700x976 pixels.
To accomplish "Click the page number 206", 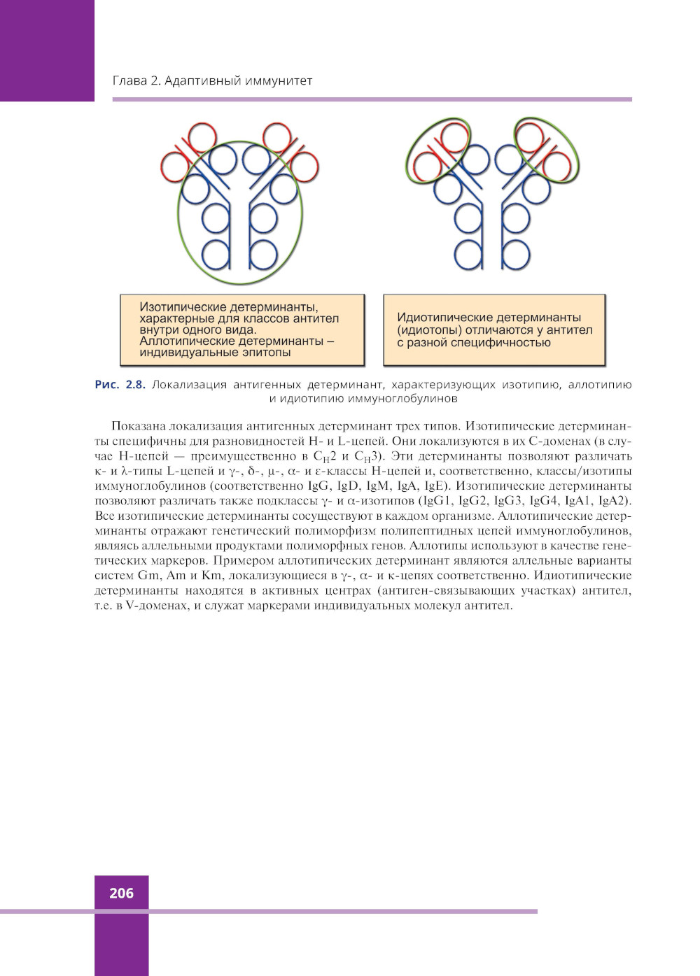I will click(x=121, y=893).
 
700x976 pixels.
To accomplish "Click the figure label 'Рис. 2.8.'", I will click(x=120, y=384).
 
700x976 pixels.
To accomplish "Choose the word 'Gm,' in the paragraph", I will click(x=150, y=575).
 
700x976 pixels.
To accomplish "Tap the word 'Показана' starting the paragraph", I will click(x=138, y=426).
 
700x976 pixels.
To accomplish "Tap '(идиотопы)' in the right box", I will click(x=428, y=330).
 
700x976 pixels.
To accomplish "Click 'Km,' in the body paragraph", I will click(x=212, y=575).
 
